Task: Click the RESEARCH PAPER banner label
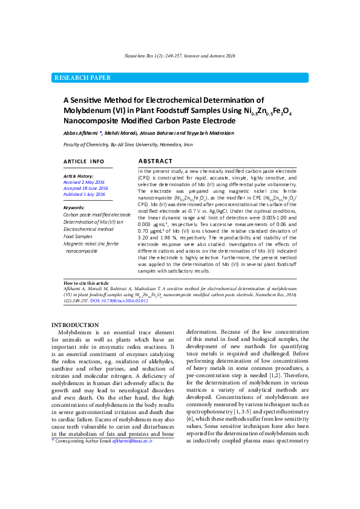[82, 78]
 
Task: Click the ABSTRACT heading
[155, 161]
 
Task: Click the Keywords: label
[74, 207]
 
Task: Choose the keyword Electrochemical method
[88, 229]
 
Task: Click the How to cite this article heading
[86, 283]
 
